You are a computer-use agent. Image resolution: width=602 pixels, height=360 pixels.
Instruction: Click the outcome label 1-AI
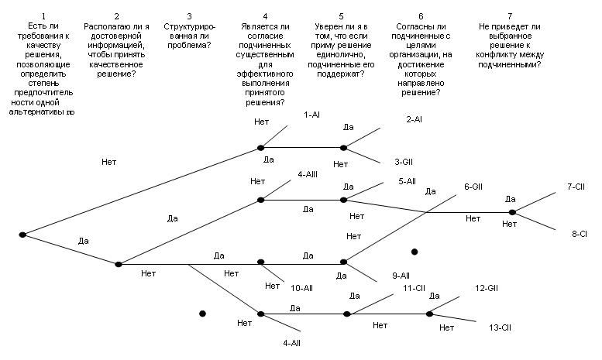point(312,115)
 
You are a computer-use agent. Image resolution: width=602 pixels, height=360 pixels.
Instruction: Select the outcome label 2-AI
point(414,120)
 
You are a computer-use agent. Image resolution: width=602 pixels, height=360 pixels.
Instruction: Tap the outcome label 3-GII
point(403,162)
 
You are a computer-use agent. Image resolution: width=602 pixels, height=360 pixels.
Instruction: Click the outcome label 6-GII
point(473,187)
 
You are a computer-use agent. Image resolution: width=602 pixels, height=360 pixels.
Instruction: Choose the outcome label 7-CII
point(577,187)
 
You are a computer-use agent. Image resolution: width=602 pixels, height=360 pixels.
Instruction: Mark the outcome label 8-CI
point(579,232)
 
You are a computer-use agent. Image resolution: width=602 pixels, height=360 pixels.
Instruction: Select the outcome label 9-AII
point(401,275)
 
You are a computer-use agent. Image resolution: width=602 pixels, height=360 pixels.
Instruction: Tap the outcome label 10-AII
point(301,287)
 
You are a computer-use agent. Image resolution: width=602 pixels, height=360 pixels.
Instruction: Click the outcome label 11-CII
point(415,288)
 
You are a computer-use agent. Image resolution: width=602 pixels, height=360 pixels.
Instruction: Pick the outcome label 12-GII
point(486,288)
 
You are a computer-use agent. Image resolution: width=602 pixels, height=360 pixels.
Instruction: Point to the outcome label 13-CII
point(501,328)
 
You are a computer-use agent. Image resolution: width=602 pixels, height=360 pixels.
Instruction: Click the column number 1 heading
point(44,15)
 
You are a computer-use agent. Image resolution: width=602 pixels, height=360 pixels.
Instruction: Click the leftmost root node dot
point(22,234)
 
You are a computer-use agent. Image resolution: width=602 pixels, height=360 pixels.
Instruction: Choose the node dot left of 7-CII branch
point(511,211)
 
